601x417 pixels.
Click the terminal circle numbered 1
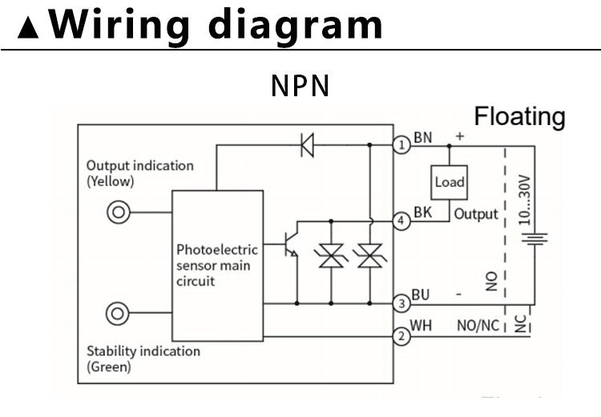[x=401, y=145]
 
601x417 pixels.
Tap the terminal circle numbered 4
[x=401, y=221]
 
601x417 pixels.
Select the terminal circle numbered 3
[x=401, y=303]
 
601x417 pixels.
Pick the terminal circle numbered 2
[x=401, y=337]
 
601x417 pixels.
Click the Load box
[x=449, y=182]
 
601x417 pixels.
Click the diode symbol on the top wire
[x=307, y=145]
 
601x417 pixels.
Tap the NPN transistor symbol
[x=291, y=247]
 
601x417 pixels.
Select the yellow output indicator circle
[x=119, y=213]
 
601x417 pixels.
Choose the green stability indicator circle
[x=119, y=313]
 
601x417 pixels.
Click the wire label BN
[x=422, y=138]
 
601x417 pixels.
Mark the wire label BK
[x=422, y=213]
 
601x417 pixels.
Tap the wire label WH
[x=422, y=327]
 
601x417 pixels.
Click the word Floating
[x=519, y=117]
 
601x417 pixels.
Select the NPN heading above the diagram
[x=300, y=86]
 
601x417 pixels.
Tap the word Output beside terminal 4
[x=476, y=214]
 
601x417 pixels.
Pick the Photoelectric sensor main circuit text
[x=217, y=265]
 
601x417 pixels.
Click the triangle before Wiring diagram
[x=30, y=29]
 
